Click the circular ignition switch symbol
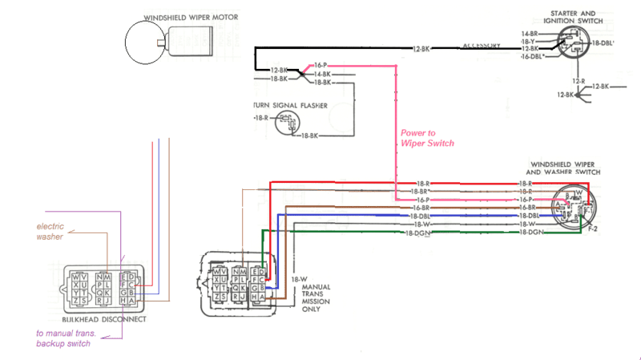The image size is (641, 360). (x=570, y=43)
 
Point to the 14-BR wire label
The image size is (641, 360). (x=528, y=33)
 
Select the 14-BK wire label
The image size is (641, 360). (x=322, y=74)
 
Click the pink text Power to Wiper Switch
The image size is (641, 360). (x=427, y=138)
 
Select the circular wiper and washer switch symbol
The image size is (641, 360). (x=573, y=206)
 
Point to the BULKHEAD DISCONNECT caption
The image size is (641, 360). (x=103, y=318)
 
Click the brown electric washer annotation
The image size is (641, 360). (x=52, y=231)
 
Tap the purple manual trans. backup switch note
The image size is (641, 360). (x=63, y=338)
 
